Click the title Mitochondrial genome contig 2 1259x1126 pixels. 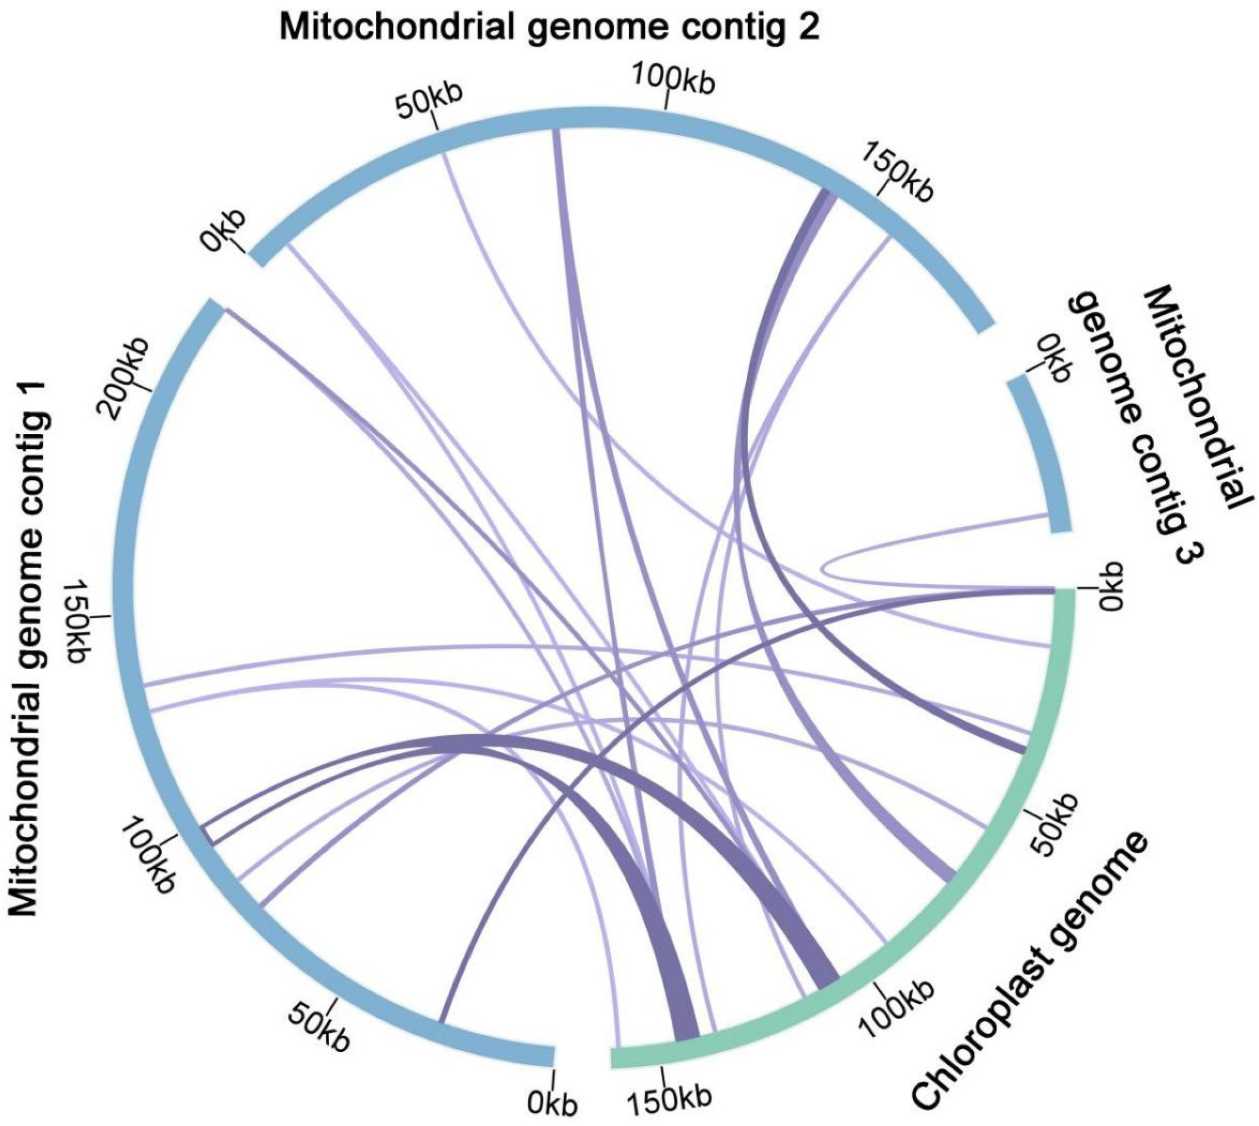pos(549,27)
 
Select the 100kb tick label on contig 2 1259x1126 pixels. pos(673,79)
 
